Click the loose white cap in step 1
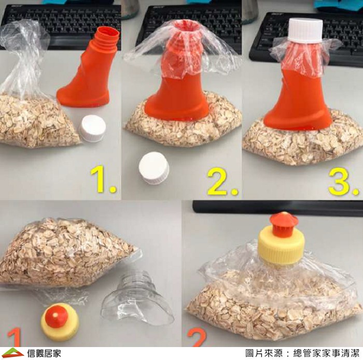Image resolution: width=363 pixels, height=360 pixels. pyautogui.click(x=92, y=128)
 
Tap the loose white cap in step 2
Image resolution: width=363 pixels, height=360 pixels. pyautogui.click(x=153, y=168)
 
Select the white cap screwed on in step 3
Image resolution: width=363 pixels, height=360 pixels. pyautogui.click(x=305, y=31)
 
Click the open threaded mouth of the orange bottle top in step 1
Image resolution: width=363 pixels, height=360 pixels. pyautogui.click(x=108, y=35)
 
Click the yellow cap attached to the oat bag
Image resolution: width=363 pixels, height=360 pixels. pyautogui.click(x=281, y=248)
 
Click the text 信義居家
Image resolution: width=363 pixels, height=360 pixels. pyautogui.click(x=44, y=353)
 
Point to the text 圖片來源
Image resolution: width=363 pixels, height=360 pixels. pyautogui.click(x=263, y=353)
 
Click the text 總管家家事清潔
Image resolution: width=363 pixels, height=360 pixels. pyautogui.click(x=326, y=353)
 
